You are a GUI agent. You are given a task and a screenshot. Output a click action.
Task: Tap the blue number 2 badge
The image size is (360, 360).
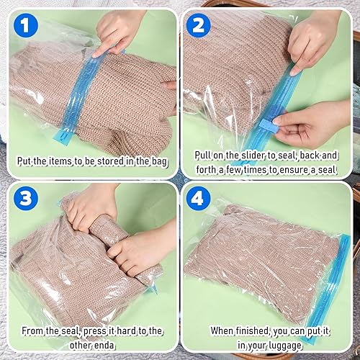click(x=198, y=27)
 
